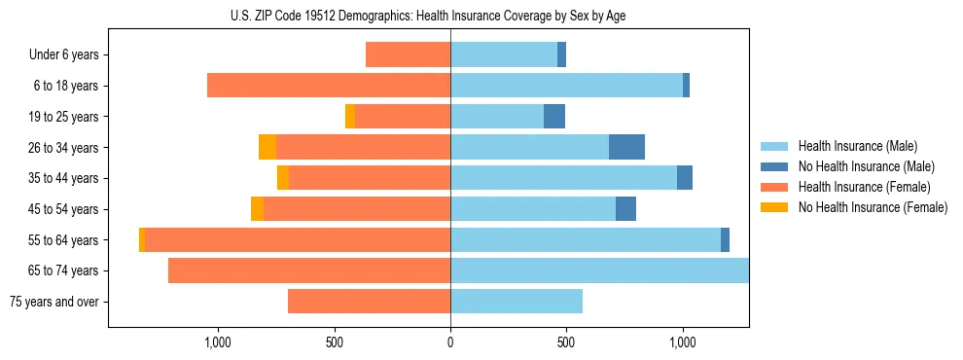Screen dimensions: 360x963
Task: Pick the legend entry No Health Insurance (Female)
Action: click(873, 207)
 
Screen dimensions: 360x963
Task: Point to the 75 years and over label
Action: click(53, 302)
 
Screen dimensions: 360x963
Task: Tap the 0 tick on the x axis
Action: click(450, 342)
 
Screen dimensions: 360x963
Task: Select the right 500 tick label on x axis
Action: click(566, 342)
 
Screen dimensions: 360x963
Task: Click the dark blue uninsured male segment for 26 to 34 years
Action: click(626, 147)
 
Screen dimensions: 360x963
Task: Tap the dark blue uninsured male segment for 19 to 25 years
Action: click(554, 117)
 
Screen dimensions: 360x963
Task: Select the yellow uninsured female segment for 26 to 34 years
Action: click(267, 147)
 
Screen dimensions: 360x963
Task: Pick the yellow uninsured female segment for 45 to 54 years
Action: click(257, 209)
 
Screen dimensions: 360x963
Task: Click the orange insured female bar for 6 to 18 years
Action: click(329, 86)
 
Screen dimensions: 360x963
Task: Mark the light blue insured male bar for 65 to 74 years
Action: click(599, 270)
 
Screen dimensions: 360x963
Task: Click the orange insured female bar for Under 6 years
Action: click(408, 54)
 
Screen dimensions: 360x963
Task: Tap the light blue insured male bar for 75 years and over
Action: click(517, 302)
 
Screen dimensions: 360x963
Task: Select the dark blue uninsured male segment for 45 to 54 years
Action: click(625, 209)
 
